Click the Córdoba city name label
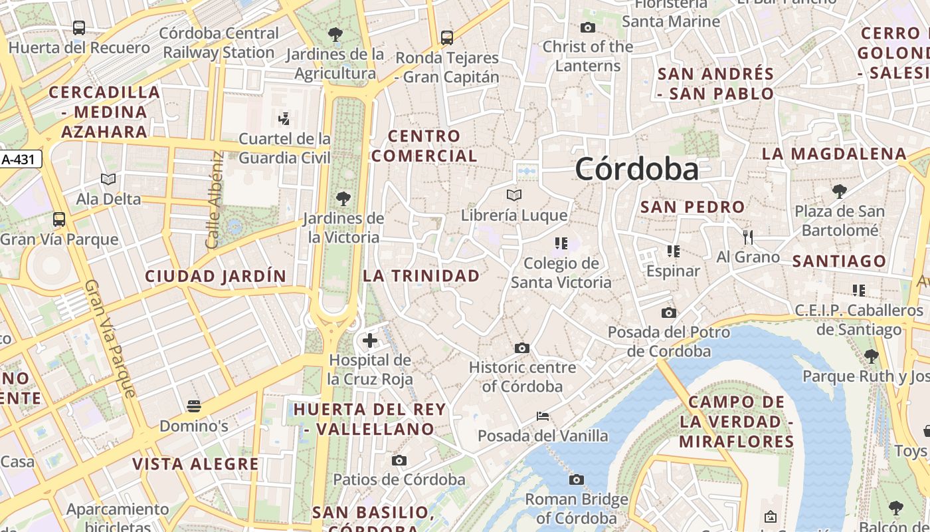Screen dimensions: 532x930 [x=636, y=169]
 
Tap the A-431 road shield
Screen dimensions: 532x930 [x=21, y=159]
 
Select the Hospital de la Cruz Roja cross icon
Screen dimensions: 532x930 [x=370, y=341]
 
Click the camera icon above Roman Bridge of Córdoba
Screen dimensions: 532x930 [x=577, y=479]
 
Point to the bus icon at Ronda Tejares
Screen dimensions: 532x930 [x=447, y=38]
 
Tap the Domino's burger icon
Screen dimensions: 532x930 [x=194, y=406]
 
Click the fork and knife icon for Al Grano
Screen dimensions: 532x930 [x=748, y=237]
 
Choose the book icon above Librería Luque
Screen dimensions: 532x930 [x=514, y=195]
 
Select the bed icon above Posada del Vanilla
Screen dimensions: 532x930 [x=543, y=417]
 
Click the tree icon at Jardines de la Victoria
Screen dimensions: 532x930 [x=343, y=198]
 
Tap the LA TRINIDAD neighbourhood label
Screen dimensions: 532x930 [x=421, y=275]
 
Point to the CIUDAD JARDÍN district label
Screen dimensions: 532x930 [x=216, y=275]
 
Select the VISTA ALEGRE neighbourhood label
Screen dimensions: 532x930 [x=195, y=464]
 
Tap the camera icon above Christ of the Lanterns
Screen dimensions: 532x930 [x=587, y=27]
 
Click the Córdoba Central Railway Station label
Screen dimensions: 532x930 [x=219, y=43]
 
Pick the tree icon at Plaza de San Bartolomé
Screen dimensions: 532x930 [x=840, y=192]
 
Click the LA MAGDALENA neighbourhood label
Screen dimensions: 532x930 [x=834, y=154]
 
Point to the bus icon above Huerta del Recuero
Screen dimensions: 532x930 [x=79, y=28]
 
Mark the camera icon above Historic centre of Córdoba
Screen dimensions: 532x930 [x=522, y=348]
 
